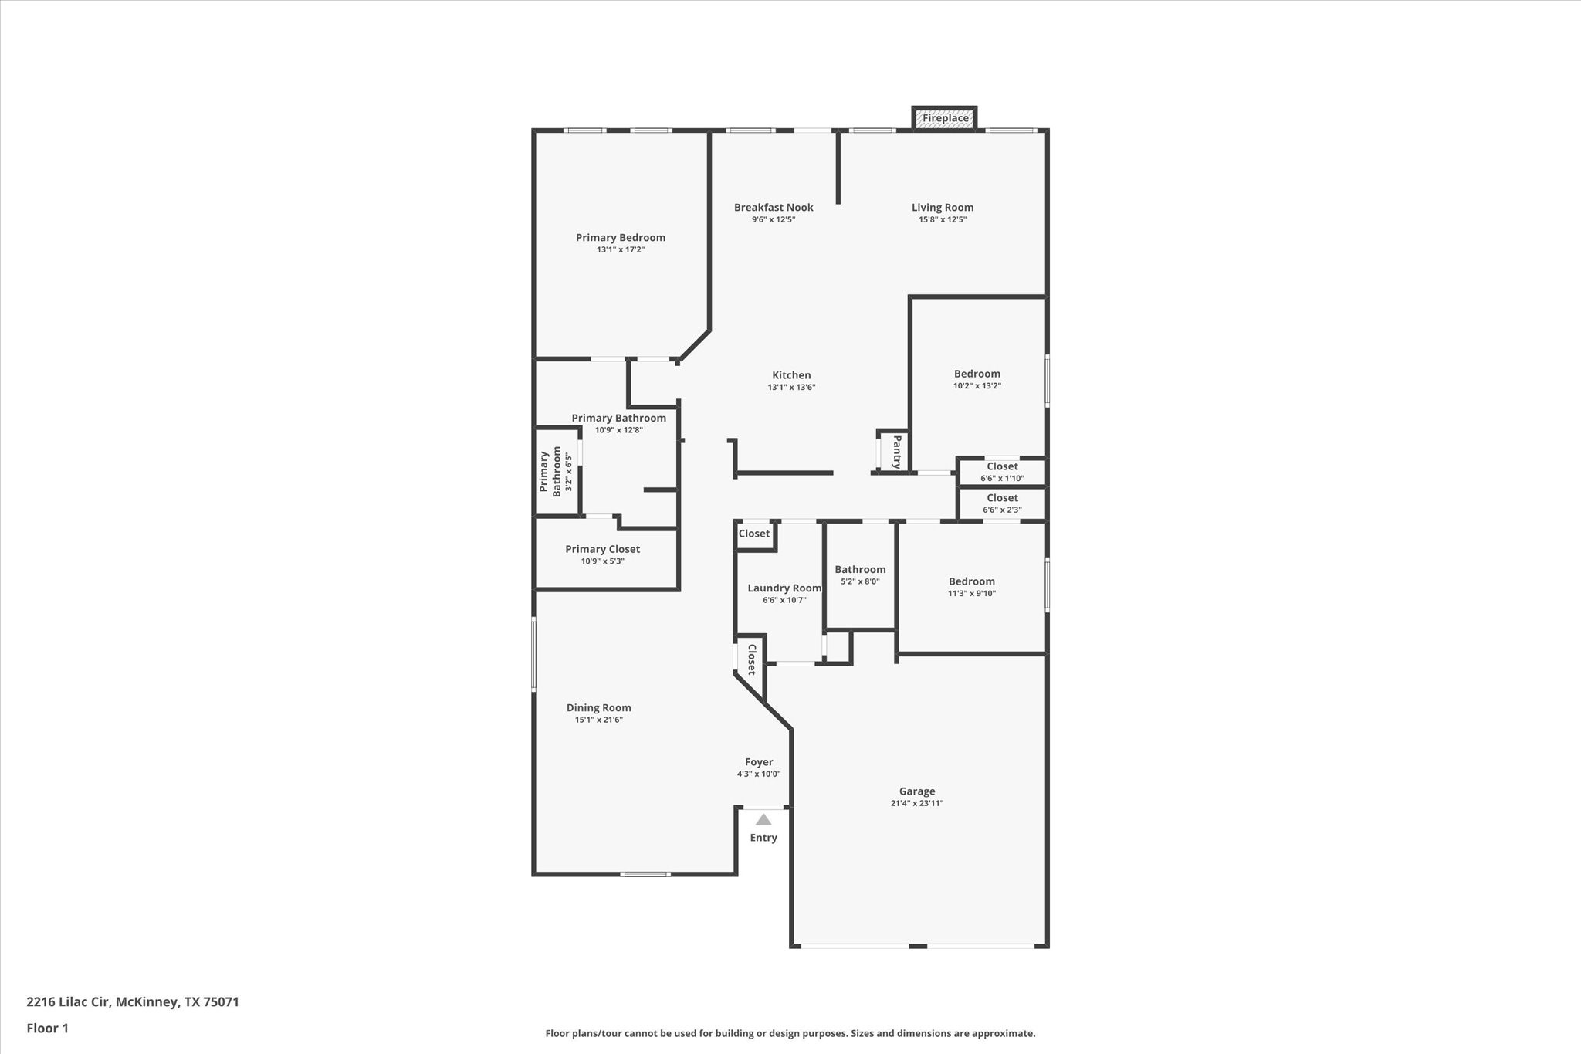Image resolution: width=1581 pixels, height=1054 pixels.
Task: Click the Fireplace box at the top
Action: click(945, 118)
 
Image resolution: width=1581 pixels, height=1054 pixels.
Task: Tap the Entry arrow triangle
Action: click(763, 820)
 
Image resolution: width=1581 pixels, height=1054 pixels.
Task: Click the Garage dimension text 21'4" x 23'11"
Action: click(917, 803)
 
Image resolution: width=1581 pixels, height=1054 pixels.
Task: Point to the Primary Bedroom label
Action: click(620, 237)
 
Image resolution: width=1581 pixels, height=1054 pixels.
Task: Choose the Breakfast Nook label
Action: click(774, 207)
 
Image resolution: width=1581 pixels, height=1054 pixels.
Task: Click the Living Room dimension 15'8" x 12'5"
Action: click(942, 219)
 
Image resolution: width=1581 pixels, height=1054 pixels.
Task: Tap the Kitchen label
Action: click(791, 375)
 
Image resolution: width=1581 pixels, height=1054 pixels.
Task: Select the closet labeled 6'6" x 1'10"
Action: click(1002, 472)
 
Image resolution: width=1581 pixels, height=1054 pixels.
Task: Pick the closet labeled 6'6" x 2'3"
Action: click(1002, 503)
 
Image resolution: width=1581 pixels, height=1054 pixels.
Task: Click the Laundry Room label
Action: click(784, 588)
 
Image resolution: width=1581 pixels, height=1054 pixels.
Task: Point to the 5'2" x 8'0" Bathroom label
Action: click(860, 570)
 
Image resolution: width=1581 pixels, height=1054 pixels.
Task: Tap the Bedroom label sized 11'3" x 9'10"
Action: click(971, 581)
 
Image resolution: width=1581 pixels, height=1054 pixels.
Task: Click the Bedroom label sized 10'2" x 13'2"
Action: click(977, 374)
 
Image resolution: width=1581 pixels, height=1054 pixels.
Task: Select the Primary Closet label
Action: click(602, 549)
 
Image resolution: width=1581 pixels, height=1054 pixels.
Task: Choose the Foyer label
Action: click(759, 762)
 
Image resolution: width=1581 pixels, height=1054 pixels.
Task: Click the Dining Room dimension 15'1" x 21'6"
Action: click(598, 720)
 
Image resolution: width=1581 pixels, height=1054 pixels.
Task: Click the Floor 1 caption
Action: click(47, 1028)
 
